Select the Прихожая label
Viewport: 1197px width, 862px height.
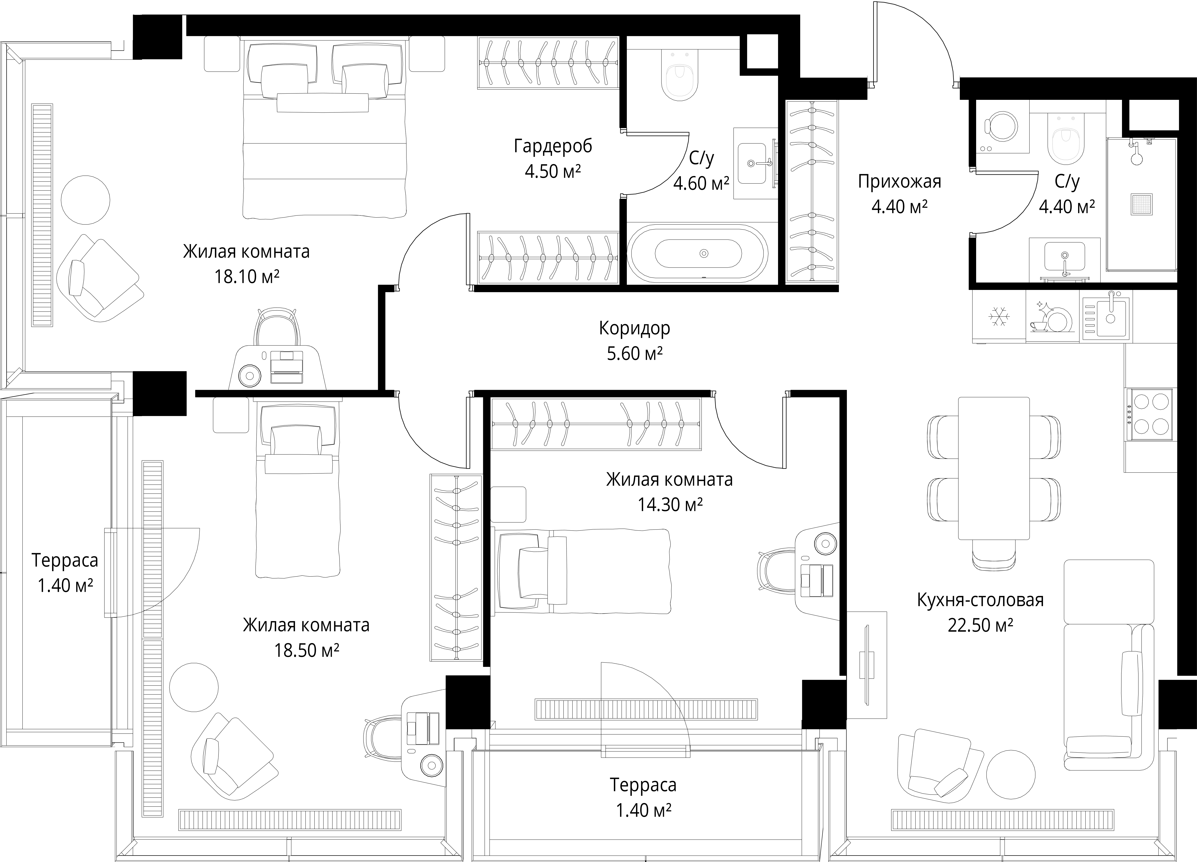pos(899,182)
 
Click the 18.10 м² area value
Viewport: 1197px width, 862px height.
pos(246,276)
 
